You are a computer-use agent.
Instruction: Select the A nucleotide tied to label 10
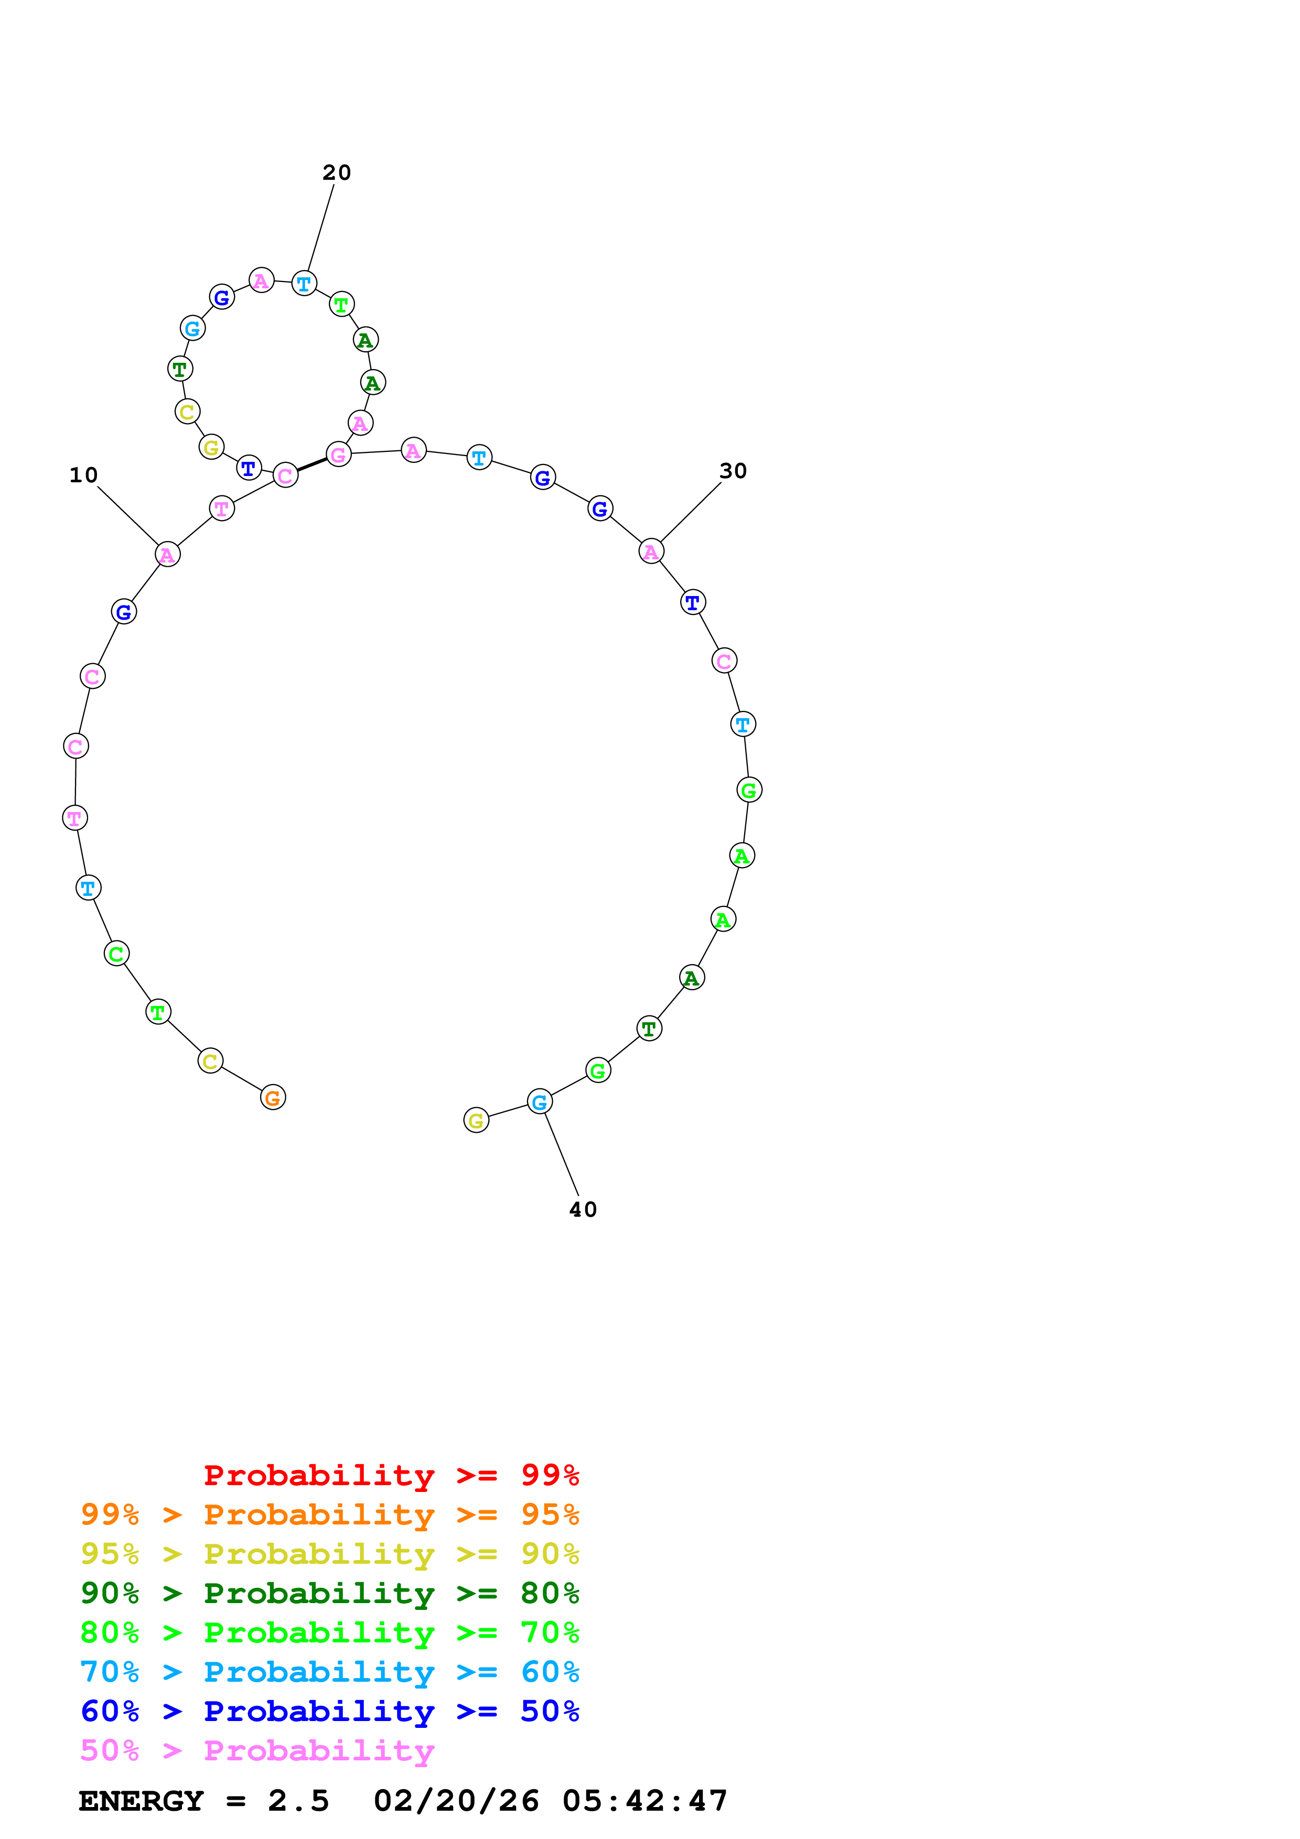[x=167, y=554]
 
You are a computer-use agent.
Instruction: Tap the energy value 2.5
[x=298, y=1801]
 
